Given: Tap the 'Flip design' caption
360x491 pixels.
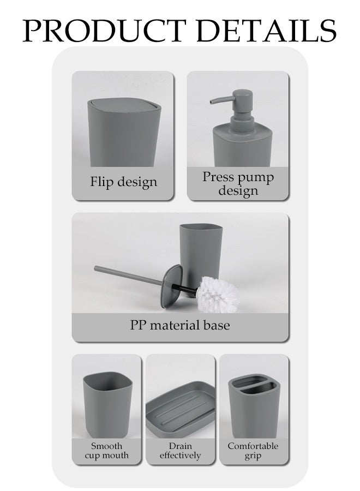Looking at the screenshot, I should pos(123,182).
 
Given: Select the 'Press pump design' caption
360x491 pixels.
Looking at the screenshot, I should pos(238,184).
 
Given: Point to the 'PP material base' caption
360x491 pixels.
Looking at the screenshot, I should pos(180,325).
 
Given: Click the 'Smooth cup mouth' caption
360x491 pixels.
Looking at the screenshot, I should pos(107,451).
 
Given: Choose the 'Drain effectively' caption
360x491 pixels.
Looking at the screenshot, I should pos(181,451).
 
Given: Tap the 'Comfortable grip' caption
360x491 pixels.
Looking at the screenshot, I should pos(253,451).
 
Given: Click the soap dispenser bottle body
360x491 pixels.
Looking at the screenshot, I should pos(239,145).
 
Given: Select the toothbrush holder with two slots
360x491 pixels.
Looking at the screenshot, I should pos(253,406).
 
